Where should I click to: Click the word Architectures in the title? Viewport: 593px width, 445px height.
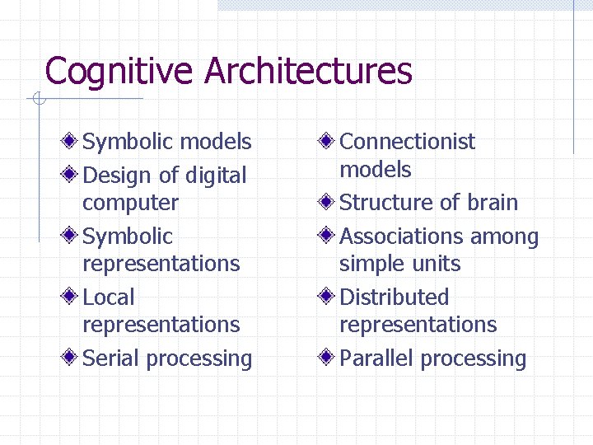coord(308,71)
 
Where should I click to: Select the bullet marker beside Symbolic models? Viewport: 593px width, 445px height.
coord(72,141)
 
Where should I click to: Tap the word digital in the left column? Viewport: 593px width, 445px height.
coord(216,176)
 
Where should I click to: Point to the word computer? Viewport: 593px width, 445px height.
coord(130,203)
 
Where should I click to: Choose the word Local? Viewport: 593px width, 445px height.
coord(109,297)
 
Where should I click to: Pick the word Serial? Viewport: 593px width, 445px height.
coord(112,358)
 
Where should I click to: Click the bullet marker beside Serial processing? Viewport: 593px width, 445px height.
coord(72,358)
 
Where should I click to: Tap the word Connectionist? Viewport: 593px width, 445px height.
coord(407,142)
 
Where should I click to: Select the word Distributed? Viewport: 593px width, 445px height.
coord(394,297)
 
